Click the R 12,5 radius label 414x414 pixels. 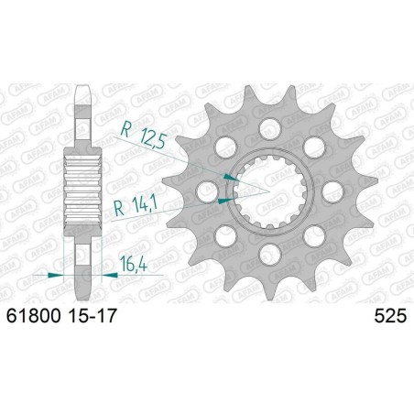[145, 137]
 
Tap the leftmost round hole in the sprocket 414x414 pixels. [206, 192]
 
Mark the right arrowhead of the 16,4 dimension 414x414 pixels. [99, 274]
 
